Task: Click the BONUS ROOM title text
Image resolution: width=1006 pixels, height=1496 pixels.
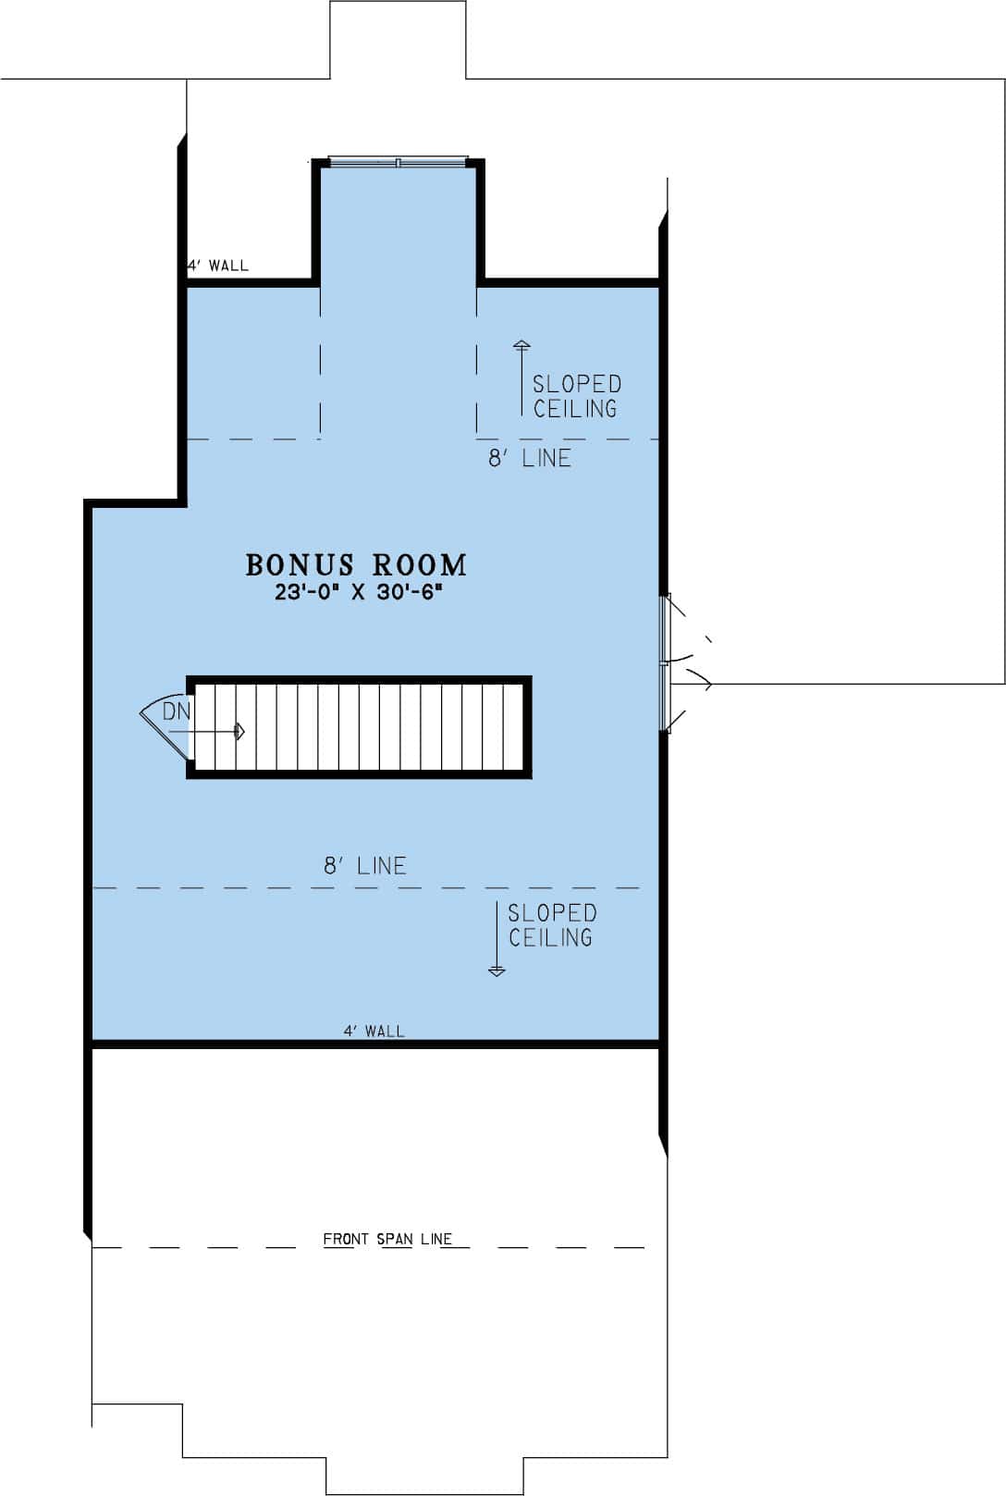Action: pyautogui.click(x=356, y=565)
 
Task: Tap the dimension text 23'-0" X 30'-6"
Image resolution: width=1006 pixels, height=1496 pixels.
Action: pyautogui.click(x=360, y=593)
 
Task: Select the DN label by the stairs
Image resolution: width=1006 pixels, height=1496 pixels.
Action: pyautogui.click(x=176, y=711)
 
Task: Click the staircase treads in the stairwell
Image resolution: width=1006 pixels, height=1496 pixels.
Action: pyautogui.click(x=370, y=727)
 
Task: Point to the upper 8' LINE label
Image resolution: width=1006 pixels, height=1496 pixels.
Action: pyautogui.click(x=530, y=458)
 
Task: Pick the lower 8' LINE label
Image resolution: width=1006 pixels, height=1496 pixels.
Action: pyautogui.click(x=365, y=866)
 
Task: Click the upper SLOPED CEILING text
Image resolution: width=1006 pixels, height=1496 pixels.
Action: pyautogui.click(x=576, y=396)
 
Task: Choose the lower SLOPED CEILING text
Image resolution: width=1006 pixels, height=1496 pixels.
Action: pyautogui.click(x=551, y=925)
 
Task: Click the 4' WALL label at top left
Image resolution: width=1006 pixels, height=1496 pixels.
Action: pyautogui.click(x=219, y=266)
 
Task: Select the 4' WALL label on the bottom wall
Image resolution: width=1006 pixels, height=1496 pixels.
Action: pyautogui.click(x=374, y=1031)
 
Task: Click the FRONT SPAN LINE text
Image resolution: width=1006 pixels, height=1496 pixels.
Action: pyautogui.click(x=387, y=1239)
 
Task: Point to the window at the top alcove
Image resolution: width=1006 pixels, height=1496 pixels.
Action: pyautogui.click(x=398, y=162)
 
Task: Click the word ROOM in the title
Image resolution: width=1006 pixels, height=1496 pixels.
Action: pyautogui.click(x=421, y=565)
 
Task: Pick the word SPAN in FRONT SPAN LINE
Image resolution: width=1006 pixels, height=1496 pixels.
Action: pyautogui.click(x=395, y=1239)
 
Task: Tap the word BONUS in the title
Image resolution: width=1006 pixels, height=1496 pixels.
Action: pyautogui.click(x=301, y=565)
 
